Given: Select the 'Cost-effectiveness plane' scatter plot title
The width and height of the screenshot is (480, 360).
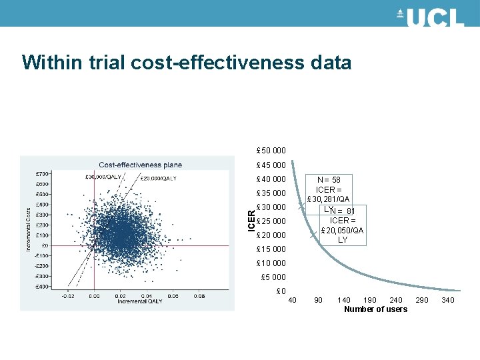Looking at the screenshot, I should [140, 165].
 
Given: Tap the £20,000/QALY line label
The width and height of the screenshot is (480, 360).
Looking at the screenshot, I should [158, 178].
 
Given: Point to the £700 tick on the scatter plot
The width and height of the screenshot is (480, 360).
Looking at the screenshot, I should [41, 173].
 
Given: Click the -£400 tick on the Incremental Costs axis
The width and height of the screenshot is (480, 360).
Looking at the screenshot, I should [41, 287].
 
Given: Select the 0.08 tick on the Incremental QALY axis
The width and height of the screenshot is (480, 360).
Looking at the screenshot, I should [199, 296].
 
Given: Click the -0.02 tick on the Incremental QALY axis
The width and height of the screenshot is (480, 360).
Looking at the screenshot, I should [68, 296].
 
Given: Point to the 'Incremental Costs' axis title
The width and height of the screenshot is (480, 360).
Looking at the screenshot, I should [29, 229].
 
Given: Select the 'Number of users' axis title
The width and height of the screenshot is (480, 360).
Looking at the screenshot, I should [375, 309].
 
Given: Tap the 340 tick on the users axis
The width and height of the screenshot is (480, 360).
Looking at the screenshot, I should [448, 301].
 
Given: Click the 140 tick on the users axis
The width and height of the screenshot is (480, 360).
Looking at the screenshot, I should [344, 301].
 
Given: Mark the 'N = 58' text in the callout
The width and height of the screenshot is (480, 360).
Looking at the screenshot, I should [328, 180].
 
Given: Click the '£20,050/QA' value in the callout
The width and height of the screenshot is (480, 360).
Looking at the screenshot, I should [342, 231].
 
